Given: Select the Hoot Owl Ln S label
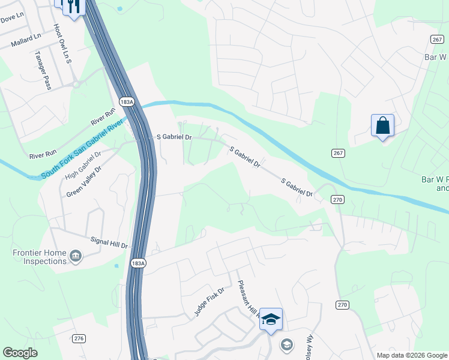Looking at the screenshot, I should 62,43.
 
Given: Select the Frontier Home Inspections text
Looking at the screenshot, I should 40,257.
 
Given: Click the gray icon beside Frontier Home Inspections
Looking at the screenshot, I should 76,257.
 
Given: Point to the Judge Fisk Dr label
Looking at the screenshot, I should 208,302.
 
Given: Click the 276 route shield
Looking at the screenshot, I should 79,339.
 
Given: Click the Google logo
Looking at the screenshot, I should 20,353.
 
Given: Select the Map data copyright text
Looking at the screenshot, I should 411,355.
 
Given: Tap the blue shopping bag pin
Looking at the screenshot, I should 382,126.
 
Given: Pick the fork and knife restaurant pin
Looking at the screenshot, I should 74,6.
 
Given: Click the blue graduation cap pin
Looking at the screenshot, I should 271,319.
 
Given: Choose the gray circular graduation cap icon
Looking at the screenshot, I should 287,344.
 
